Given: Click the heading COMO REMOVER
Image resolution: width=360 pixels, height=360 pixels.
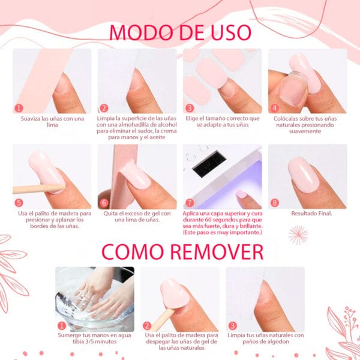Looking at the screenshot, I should [180, 251].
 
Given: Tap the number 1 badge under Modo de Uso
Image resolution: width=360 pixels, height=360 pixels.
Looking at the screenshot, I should [19, 108].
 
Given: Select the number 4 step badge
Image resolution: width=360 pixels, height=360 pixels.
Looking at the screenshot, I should [275, 108].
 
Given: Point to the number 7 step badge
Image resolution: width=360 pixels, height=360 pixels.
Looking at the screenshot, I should [190, 203].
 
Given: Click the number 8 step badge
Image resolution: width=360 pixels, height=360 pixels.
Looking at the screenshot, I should [275, 203].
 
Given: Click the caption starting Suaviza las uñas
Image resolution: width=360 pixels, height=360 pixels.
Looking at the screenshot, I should [52, 122].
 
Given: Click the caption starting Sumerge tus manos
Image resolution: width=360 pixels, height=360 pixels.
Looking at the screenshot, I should [95, 338].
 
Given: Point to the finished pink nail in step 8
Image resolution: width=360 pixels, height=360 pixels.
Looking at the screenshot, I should [306, 174].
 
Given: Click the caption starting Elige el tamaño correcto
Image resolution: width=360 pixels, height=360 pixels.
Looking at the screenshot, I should [222, 122].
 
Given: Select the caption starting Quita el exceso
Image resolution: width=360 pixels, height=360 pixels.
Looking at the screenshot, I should [137, 216].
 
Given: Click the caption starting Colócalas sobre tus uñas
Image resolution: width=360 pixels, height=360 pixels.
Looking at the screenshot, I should [308, 125].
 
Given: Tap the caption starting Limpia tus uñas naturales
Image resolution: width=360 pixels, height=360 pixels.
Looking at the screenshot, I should [265, 338].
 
